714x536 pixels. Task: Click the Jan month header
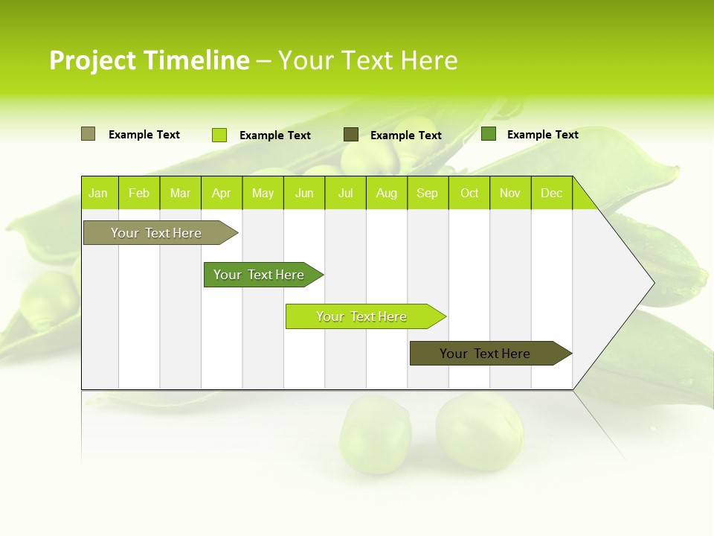point(99,193)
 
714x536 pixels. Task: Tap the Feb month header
point(139,193)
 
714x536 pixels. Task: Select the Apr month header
point(222,193)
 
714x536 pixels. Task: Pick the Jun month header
point(304,193)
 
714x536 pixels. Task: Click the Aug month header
point(387,193)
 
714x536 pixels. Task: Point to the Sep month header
point(428,193)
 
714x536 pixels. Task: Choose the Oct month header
point(469,193)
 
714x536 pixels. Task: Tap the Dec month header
point(552,193)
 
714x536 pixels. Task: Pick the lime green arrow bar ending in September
point(362,316)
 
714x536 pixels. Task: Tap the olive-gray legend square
point(88,134)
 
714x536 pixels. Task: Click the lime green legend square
point(219,135)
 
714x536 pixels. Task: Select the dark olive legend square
point(351,135)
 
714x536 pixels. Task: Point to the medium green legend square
point(489,134)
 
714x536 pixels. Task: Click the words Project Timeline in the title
point(149,60)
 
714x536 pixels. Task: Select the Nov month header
point(510,193)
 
